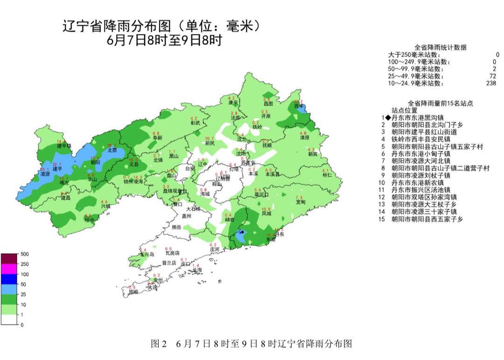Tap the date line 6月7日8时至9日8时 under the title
[x=164, y=40]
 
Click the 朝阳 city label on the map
[x=95, y=162]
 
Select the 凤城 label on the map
[x=266, y=213]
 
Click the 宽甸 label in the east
[x=301, y=202]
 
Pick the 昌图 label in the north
[x=267, y=104]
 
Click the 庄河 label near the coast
[x=214, y=250]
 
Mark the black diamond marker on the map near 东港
[x=242, y=232]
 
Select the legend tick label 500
[x=24, y=254]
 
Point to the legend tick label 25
[x=23, y=295]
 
